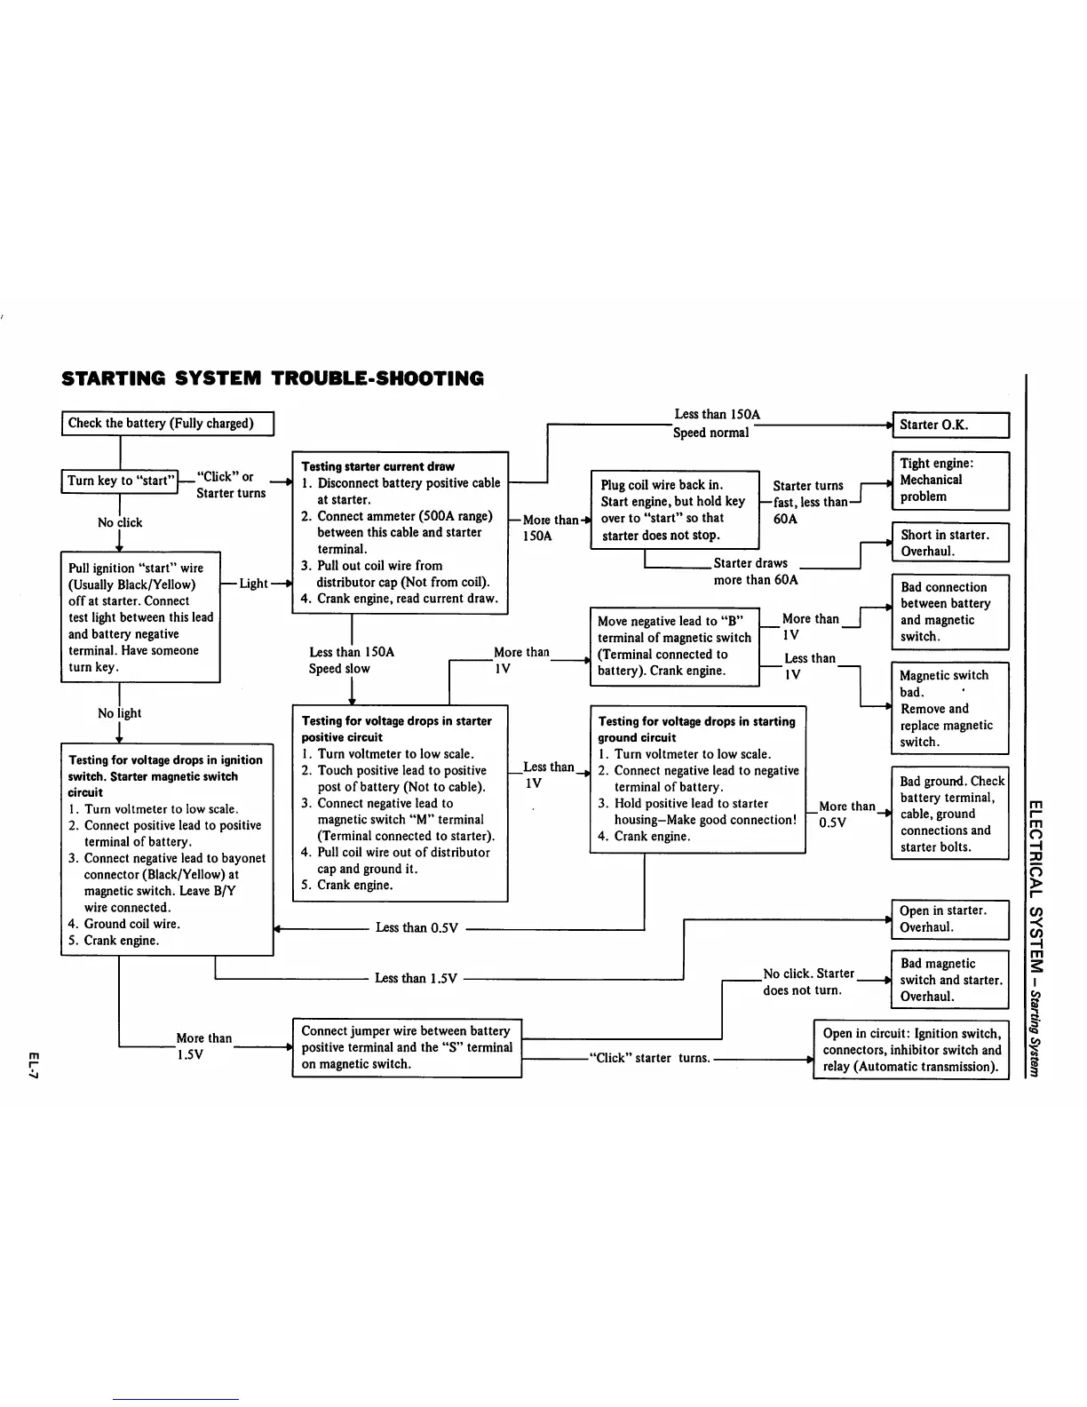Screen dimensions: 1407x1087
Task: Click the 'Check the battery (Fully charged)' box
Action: (x=167, y=424)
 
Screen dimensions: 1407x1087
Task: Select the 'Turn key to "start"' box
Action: (x=119, y=481)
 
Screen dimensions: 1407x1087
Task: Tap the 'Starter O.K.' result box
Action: (x=950, y=425)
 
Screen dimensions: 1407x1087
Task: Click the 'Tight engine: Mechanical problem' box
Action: (x=950, y=481)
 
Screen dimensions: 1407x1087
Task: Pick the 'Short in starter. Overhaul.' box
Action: (x=950, y=543)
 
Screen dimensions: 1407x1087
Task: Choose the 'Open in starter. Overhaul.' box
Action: (x=950, y=919)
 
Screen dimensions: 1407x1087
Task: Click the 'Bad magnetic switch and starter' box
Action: (x=950, y=980)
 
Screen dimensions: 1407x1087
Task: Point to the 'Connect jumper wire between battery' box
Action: (x=407, y=1048)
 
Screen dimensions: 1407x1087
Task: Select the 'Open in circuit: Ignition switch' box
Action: (x=911, y=1050)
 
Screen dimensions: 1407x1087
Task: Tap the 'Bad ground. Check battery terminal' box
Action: (x=950, y=814)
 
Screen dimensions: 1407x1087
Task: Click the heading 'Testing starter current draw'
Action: (x=377, y=466)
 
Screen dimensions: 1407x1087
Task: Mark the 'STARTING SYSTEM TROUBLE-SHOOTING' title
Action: (x=273, y=378)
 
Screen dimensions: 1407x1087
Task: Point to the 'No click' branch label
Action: (x=119, y=523)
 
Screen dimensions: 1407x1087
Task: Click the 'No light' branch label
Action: (x=119, y=713)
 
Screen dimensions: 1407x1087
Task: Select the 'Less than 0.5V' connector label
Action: (x=417, y=928)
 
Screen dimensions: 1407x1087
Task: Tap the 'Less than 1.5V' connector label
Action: (x=416, y=979)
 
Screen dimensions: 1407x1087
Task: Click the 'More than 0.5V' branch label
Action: (x=845, y=815)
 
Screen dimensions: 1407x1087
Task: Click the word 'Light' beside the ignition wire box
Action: (x=253, y=584)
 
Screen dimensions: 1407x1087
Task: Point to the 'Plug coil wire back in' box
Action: (x=674, y=510)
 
